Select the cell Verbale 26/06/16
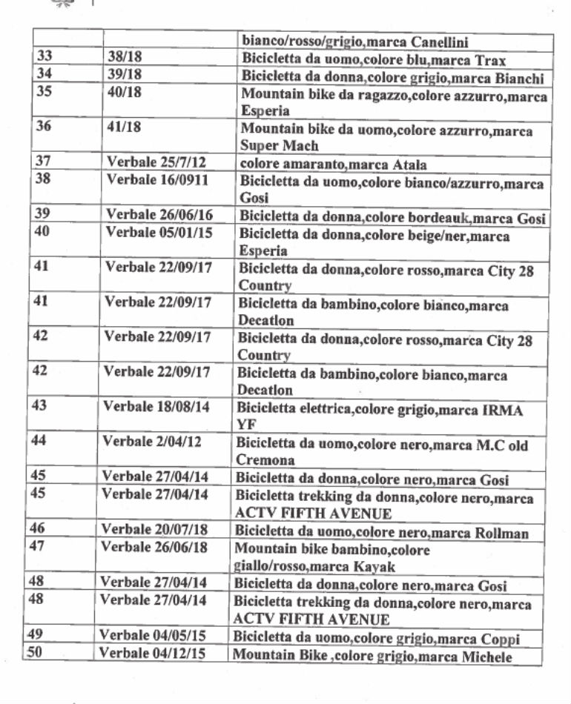pos(159,215)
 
